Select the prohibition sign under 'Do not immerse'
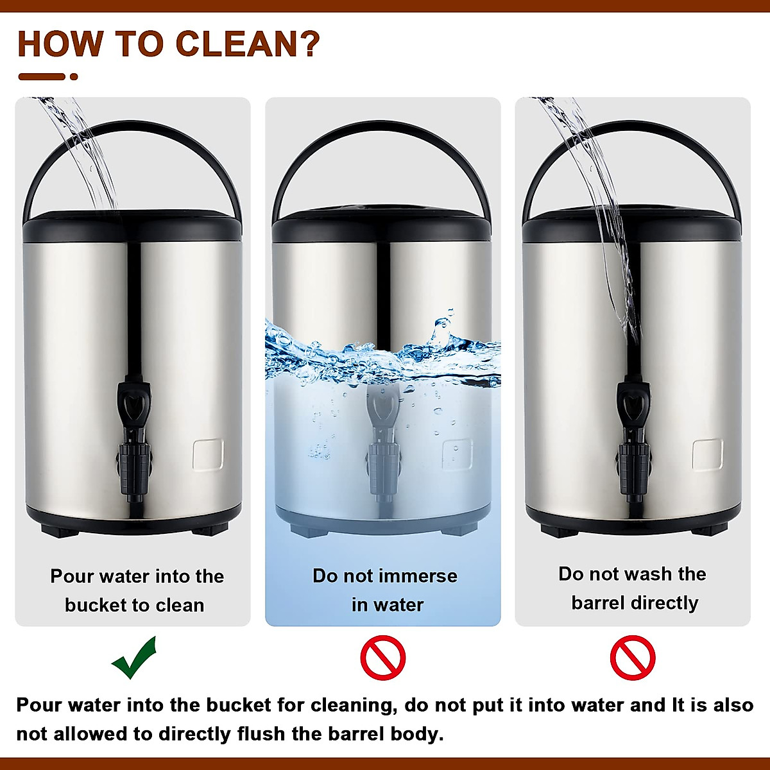point(383,658)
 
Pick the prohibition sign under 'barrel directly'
point(632,658)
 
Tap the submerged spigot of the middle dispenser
point(383,443)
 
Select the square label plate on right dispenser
point(707,454)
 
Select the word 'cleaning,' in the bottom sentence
point(351,705)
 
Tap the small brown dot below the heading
point(74,76)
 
